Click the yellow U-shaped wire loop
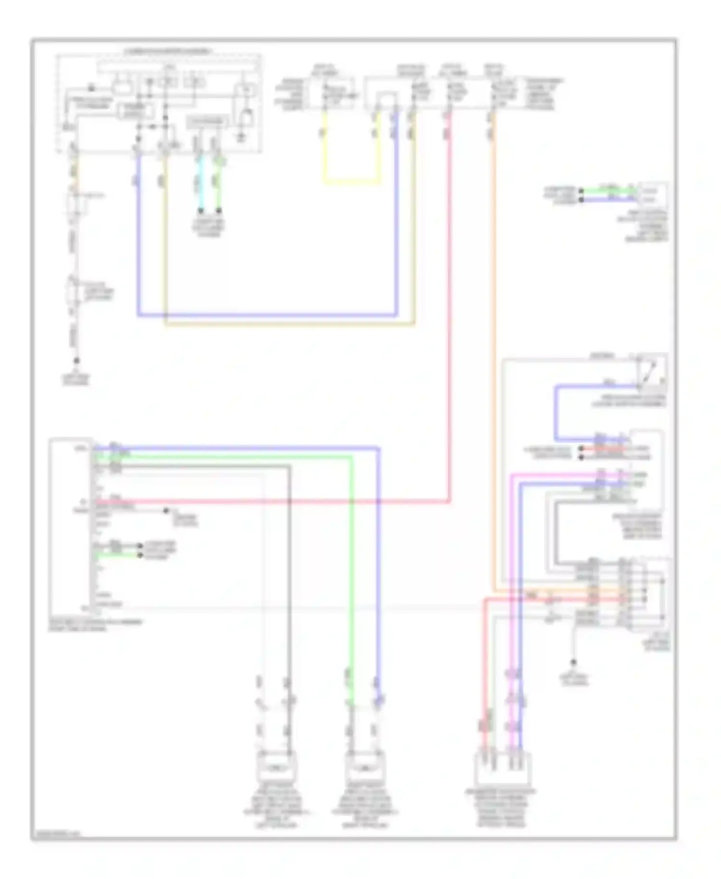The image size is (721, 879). (x=351, y=182)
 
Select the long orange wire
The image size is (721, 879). (x=493, y=337)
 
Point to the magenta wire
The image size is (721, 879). (x=512, y=577)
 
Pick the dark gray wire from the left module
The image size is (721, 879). (x=289, y=577)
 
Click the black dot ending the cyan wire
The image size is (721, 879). (x=201, y=211)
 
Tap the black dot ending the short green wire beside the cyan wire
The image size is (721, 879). (x=219, y=211)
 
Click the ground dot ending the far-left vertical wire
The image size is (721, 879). (x=76, y=360)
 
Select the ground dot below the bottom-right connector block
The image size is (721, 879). (x=573, y=662)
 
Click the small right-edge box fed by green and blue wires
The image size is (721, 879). (x=652, y=195)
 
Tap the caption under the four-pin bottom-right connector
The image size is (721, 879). (x=500, y=808)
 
